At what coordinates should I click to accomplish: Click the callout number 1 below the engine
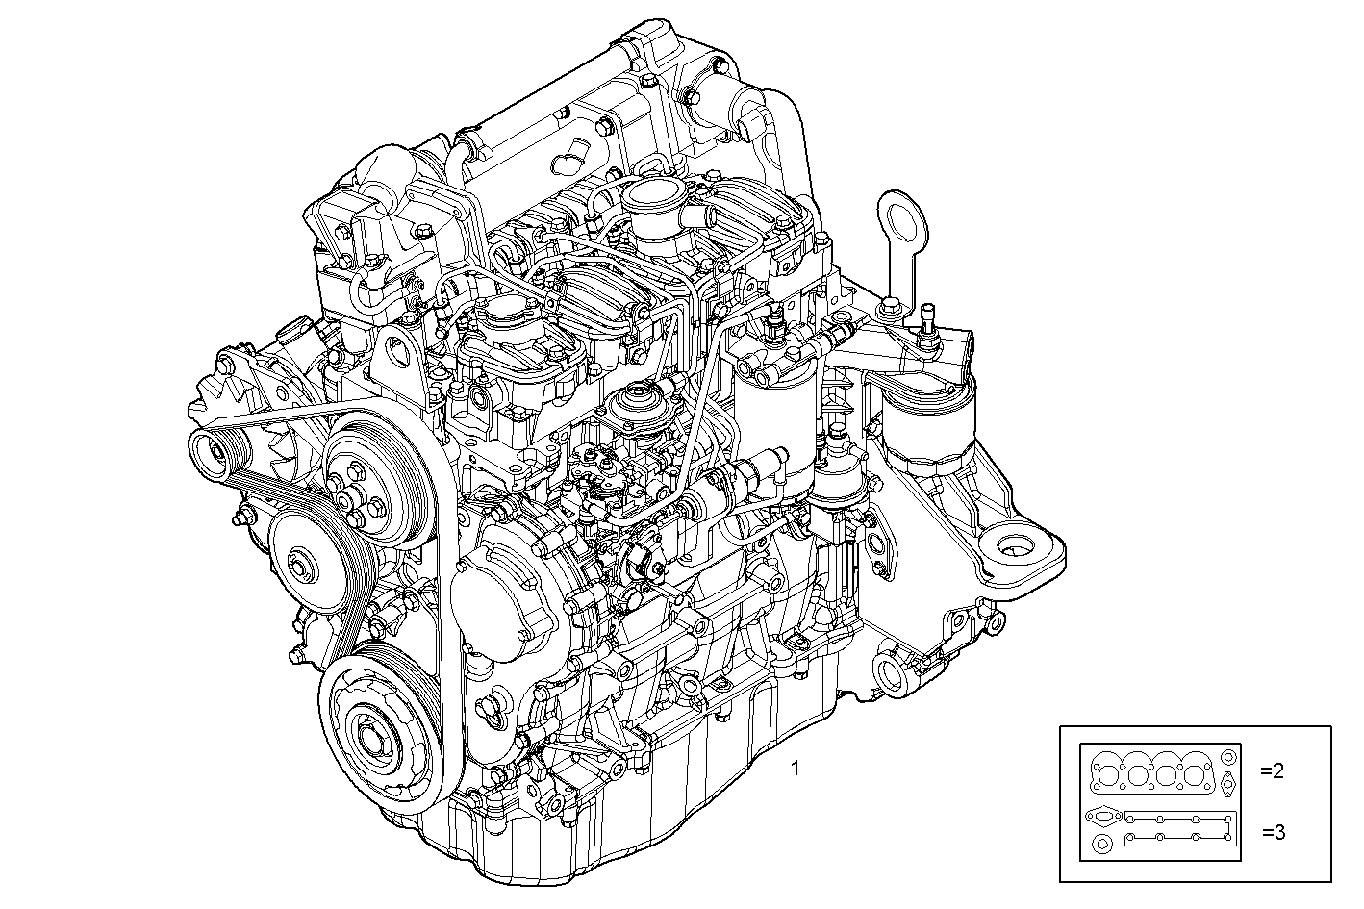pyautogui.click(x=795, y=769)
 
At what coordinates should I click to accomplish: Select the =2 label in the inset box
pyautogui.click(x=1273, y=770)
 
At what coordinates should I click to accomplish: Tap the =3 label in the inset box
pyautogui.click(x=1273, y=832)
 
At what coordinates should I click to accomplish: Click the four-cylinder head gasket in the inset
pyautogui.click(x=1151, y=773)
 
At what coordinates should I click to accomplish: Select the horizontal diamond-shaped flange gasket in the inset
pyautogui.click(x=1101, y=817)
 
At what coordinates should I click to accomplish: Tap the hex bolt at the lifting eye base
pyautogui.click(x=890, y=307)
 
